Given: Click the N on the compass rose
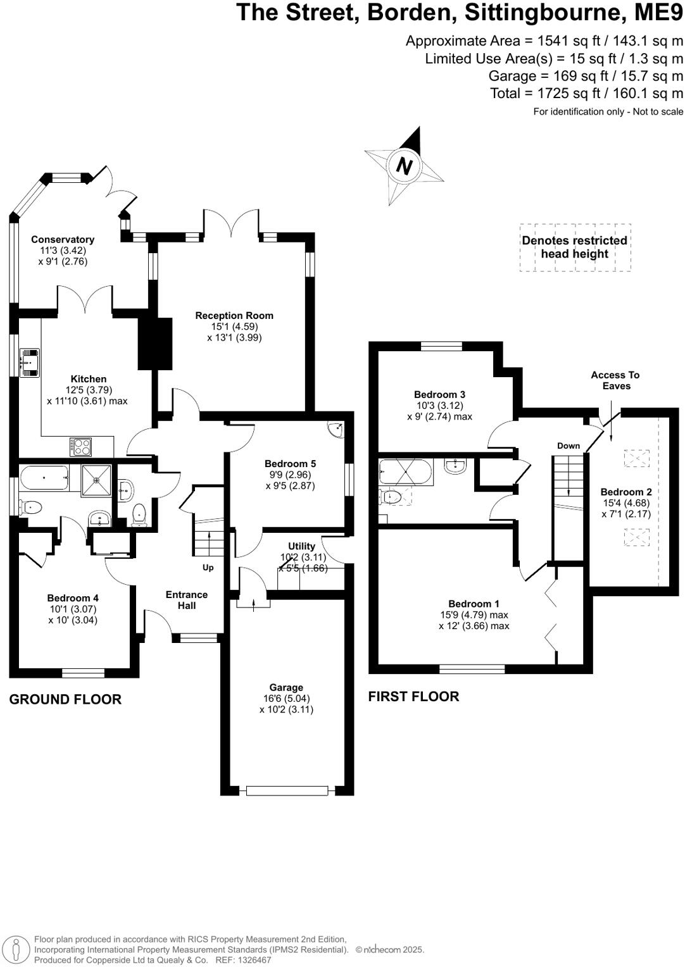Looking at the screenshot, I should pyautogui.click(x=404, y=166).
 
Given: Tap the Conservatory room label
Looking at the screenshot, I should pyautogui.click(x=63, y=239).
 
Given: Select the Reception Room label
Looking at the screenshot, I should pyautogui.click(x=234, y=315).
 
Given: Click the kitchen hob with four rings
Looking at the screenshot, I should pyautogui.click(x=81, y=447).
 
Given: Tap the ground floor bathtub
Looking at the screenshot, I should pyautogui.click(x=44, y=478).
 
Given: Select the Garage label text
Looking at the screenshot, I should pyautogui.click(x=286, y=687).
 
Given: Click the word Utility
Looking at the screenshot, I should pyautogui.click(x=301, y=546).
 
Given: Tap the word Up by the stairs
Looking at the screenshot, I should pyautogui.click(x=208, y=568).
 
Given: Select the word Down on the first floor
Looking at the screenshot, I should pyautogui.click(x=569, y=446).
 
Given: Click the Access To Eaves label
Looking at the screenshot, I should pyautogui.click(x=615, y=380).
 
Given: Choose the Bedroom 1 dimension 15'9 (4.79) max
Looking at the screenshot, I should pyautogui.click(x=474, y=615).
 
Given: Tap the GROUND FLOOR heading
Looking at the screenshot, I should pyautogui.click(x=65, y=699).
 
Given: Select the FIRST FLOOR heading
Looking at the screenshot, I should pyautogui.click(x=413, y=696).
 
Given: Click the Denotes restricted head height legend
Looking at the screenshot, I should pyautogui.click(x=574, y=247).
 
